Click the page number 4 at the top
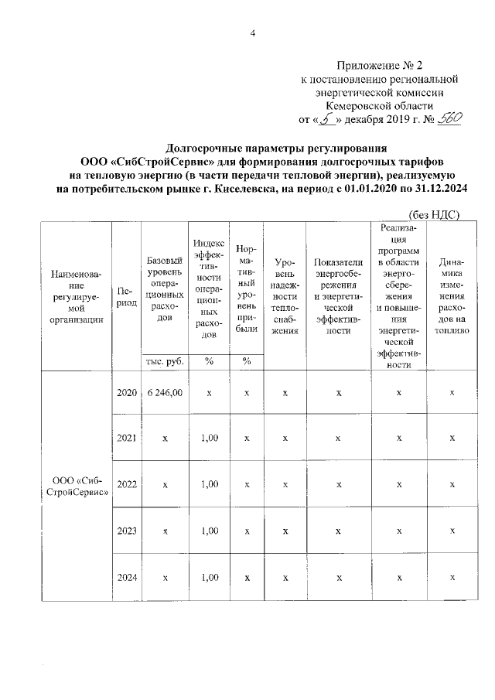click(252, 32)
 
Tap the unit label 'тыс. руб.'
click(164, 360)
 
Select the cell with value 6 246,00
click(164, 393)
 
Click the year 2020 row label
click(126, 393)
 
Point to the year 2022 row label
click(126, 485)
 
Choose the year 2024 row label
click(126, 577)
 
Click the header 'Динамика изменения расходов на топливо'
click(452, 296)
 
